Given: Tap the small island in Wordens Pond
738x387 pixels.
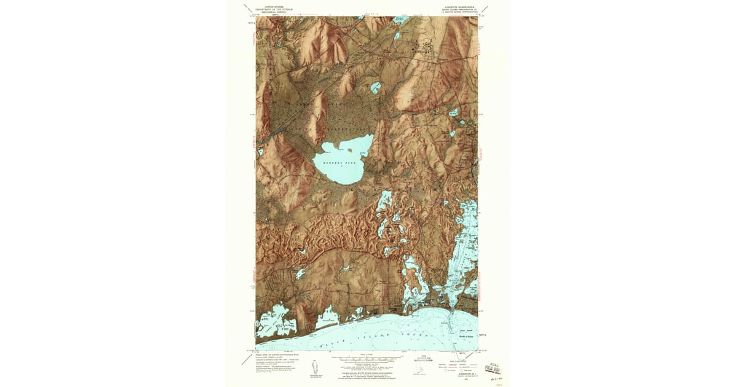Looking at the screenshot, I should click(349, 149).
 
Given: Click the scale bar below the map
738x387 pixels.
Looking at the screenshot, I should click(368, 358).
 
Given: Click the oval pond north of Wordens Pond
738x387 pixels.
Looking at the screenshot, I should click(375, 87).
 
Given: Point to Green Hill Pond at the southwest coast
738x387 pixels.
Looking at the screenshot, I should click(276, 321).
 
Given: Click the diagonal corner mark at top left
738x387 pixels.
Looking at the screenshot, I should click(247, 10).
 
